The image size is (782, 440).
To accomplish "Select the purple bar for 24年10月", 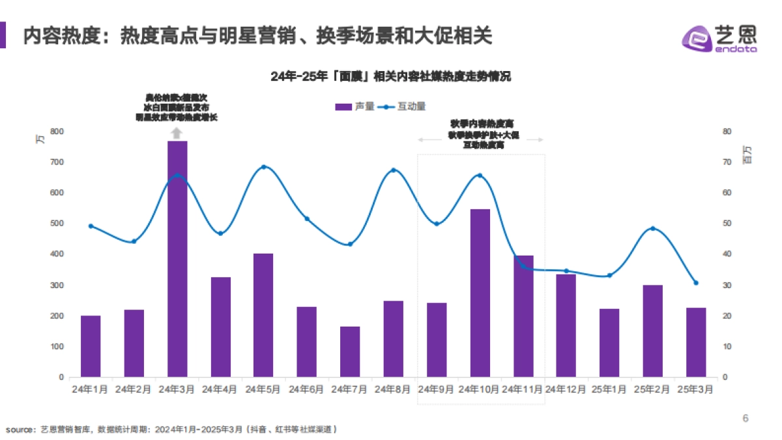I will [x=480, y=293].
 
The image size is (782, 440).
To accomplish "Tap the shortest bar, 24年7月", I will [x=350, y=351].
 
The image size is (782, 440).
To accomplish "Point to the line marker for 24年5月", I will [x=264, y=167].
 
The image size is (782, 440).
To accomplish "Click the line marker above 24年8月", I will [x=393, y=170].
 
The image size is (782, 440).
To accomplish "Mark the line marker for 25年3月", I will [x=696, y=283].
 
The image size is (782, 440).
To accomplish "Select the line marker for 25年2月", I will [x=652, y=228].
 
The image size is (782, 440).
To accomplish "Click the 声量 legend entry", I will [x=355, y=106].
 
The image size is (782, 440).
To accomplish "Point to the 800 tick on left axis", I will [x=57, y=132].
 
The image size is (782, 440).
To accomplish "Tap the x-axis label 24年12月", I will [x=566, y=389].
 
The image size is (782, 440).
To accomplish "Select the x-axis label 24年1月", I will [x=91, y=389].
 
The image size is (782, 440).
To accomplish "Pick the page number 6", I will [x=746, y=418].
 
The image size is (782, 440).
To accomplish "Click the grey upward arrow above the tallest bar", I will [x=177, y=134].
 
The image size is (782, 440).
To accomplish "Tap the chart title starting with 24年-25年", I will [x=390, y=76].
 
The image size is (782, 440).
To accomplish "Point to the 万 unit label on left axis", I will [x=40, y=139].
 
